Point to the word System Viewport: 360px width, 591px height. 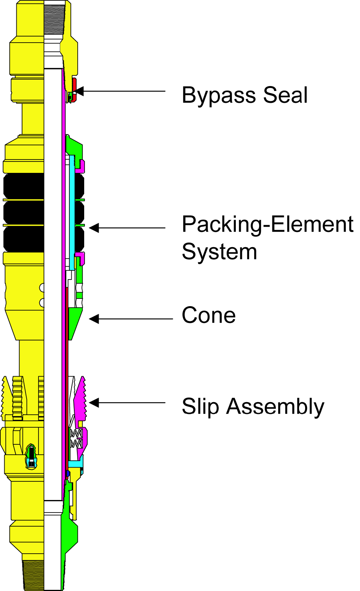tap(219, 252)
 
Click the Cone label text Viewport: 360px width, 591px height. tap(209, 315)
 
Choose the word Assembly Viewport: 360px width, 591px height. tap(275, 407)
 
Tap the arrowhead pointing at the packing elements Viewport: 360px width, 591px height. tap(94, 228)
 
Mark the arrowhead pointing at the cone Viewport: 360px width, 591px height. tap(94, 319)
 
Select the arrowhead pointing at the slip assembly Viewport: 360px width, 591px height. tap(94, 403)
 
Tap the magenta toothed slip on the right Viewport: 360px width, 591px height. tap(80, 400)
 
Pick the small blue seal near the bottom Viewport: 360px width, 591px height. tap(68, 473)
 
